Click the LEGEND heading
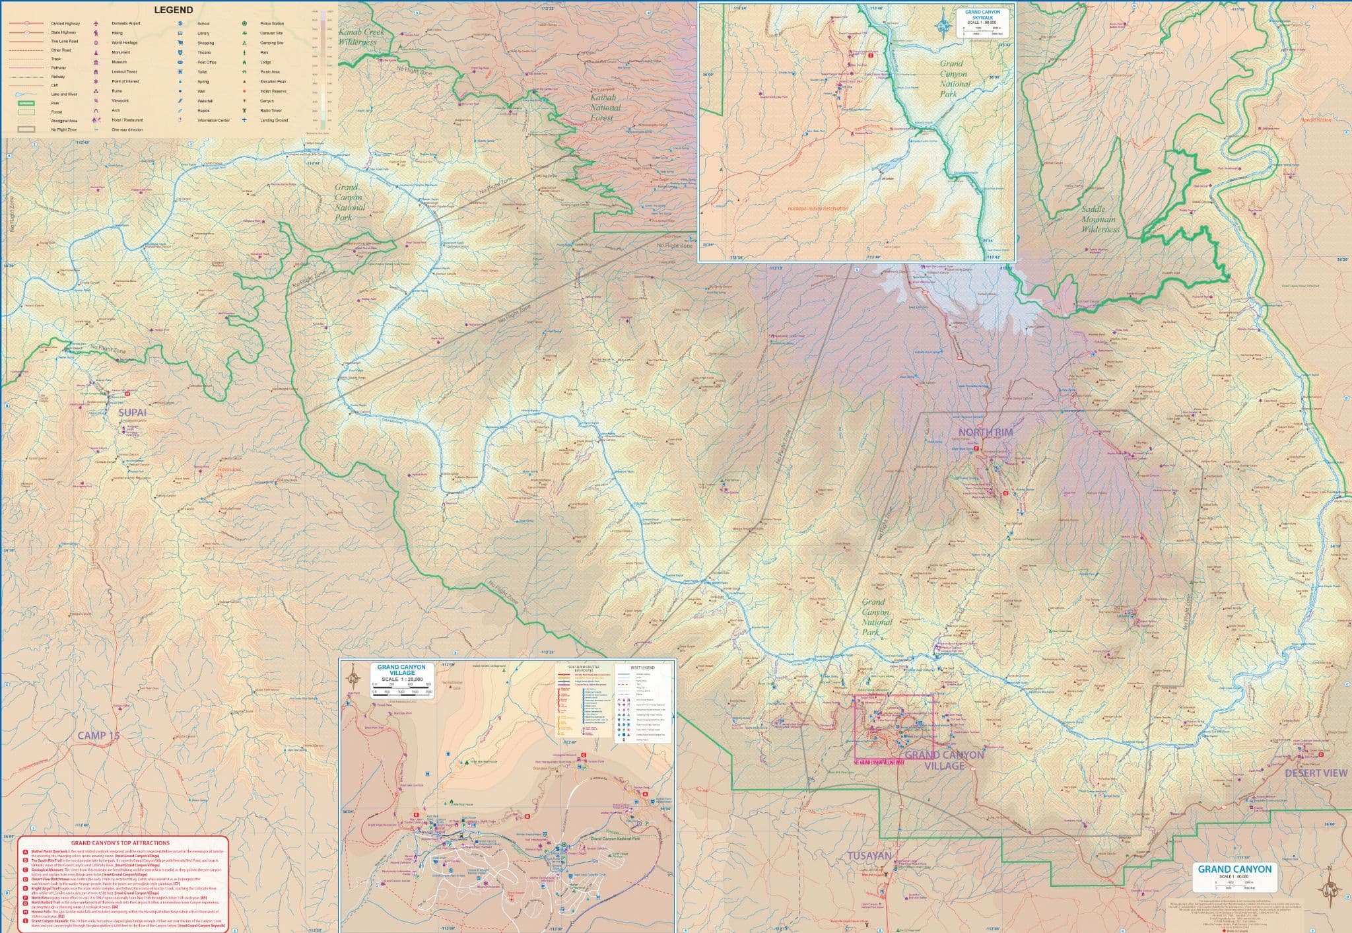(x=173, y=10)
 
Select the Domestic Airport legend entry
(x=125, y=23)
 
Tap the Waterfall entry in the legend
(x=205, y=101)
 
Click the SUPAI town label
(x=132, y=413)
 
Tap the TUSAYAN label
(x=869, y=856)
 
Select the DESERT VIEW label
(x=1316, y=773)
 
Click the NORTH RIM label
(x=985, y=432)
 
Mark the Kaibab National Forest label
(x=601, y=107)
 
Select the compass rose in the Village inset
(x=354, y=675)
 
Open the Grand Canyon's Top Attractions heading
(x=120, y=843)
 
